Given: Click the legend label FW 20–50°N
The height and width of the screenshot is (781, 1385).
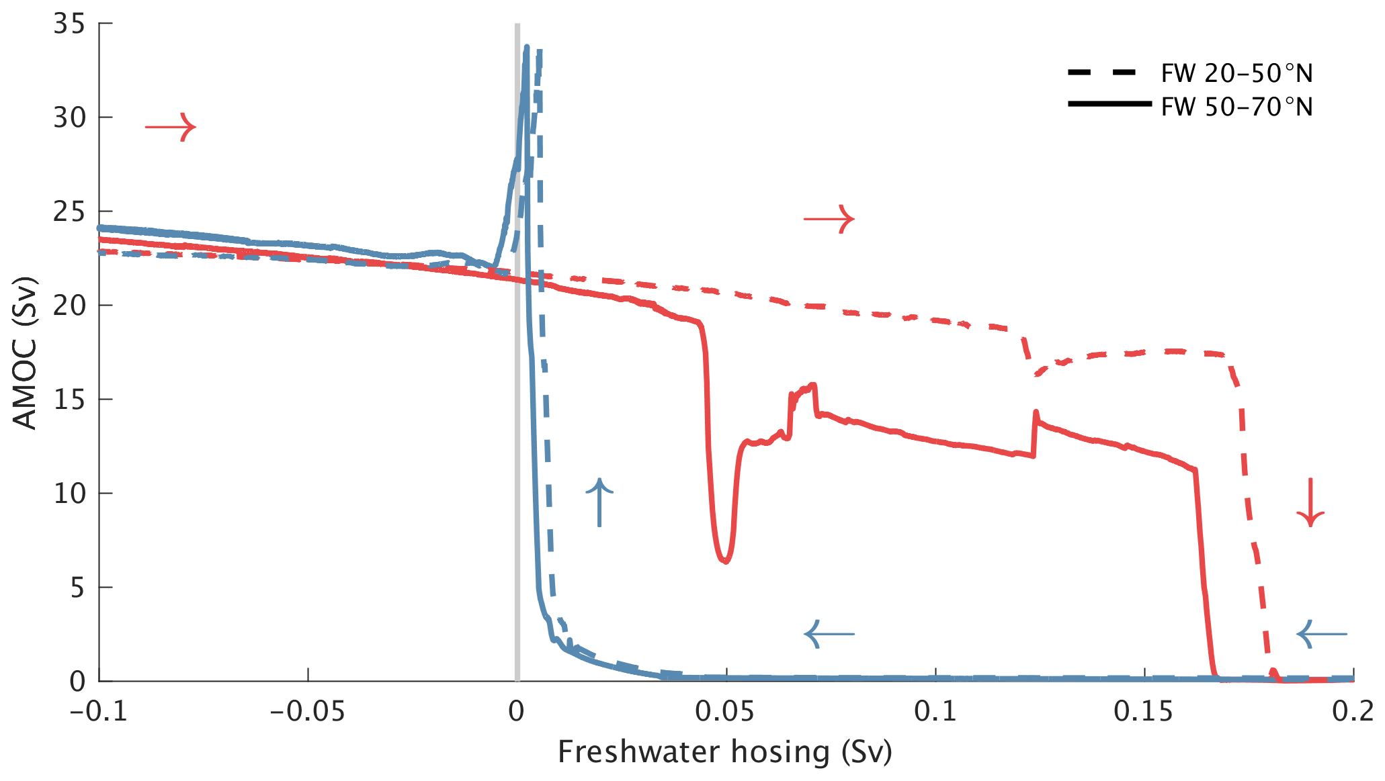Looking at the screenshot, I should pos(1236,74).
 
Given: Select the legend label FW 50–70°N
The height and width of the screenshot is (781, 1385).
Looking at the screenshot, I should pos(1236,107).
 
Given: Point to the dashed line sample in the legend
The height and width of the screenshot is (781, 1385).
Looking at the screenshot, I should pos(1102,73).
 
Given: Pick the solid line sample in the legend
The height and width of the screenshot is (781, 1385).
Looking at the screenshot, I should pos(1109,104).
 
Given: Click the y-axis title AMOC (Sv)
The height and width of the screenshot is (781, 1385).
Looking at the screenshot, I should pos(26,353).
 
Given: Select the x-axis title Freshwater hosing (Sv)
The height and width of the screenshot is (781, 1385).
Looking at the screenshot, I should pos(724,752).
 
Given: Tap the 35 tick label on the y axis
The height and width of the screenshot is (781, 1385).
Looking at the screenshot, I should pos(69,24).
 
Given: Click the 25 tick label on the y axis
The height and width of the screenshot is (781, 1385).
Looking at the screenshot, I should pos(69,212).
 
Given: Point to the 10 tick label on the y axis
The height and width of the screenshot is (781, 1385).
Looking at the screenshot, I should pos(69,494).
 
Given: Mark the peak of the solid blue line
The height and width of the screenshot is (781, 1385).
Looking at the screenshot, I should pos(527,47).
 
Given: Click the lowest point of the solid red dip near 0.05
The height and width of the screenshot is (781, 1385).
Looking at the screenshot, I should pos(725,561).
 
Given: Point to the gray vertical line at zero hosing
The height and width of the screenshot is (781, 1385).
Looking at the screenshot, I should pos(517,403).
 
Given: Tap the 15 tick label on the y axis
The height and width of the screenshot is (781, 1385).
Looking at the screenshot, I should pos(69,400).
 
